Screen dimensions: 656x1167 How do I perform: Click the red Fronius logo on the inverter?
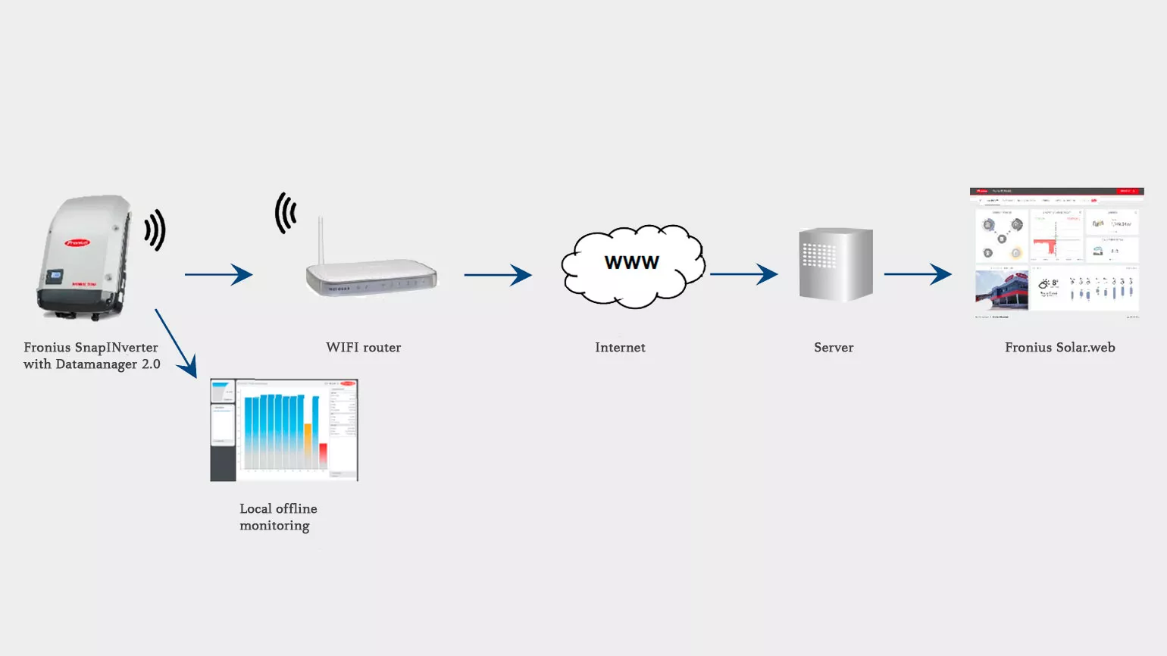77,242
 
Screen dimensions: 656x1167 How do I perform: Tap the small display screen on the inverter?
55,276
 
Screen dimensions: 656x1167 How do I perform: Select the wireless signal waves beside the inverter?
155,230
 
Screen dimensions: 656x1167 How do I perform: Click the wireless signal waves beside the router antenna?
285,213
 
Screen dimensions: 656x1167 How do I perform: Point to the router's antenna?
321,241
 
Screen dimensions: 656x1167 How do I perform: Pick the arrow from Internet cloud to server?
743,274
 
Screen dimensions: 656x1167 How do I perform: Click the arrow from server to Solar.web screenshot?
918,274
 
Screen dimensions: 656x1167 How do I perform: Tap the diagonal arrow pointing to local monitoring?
176,342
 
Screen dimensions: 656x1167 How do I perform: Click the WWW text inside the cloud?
631,263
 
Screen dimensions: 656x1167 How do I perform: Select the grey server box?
836,265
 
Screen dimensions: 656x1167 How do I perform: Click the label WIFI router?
363,348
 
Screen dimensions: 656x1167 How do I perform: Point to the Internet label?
620,348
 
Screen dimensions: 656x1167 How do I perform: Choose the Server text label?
834,348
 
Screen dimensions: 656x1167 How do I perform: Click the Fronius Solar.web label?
1059,348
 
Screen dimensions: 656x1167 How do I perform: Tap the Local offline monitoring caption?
277,517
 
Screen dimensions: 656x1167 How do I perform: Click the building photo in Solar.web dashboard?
1001,290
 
